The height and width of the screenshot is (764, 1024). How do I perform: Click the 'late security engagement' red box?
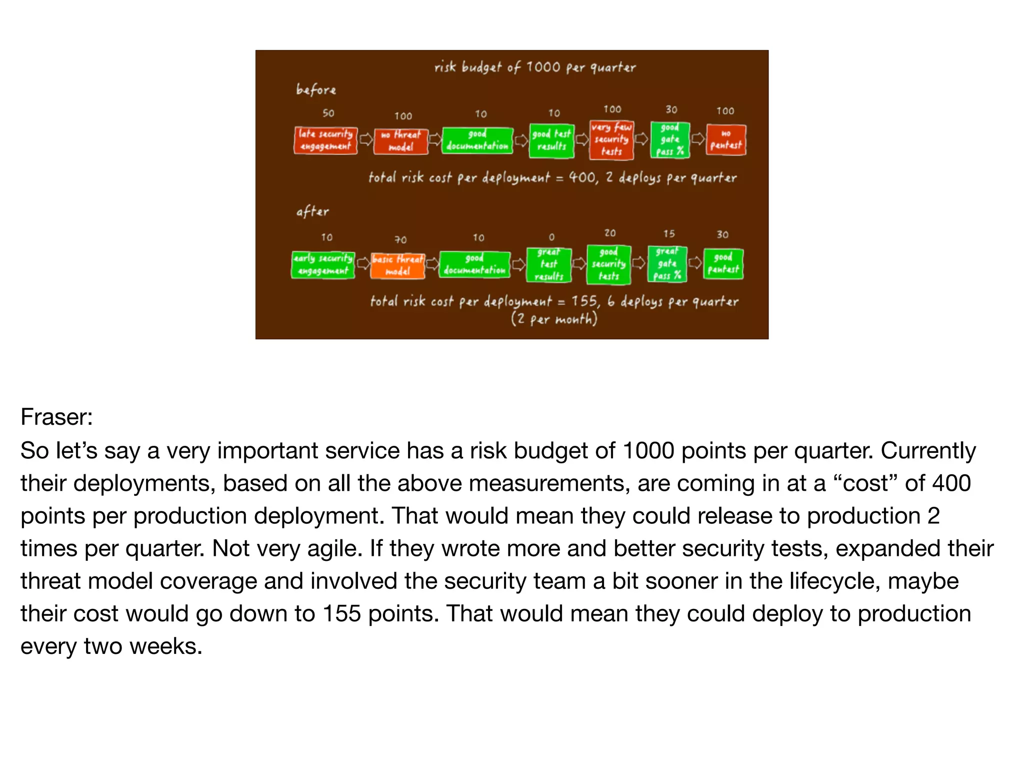point(325,141)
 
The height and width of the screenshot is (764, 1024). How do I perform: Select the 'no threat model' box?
point(401,141)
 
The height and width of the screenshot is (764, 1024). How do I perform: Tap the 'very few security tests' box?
point(611,140)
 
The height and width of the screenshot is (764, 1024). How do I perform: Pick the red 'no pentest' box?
point(725,140)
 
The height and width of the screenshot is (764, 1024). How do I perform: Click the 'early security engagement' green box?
point(323,265)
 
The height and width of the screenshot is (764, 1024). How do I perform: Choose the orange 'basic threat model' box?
point(398,265)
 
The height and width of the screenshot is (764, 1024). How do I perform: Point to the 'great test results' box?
point(548,264)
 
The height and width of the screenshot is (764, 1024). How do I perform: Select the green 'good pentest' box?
point(723,264)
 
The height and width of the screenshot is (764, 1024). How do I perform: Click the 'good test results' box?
point(551,141)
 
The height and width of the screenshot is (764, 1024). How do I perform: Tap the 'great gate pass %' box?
point(667,264)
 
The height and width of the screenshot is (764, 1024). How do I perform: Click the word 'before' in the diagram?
point(316,90)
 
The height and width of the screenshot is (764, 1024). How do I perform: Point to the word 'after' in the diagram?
point(312,212)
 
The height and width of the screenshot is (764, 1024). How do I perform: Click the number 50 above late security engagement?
point(328,113)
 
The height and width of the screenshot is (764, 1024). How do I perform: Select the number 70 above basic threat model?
point(400,240)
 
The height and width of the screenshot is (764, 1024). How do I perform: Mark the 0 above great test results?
point(551,237)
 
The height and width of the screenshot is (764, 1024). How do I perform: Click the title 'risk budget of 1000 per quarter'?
point(535,67)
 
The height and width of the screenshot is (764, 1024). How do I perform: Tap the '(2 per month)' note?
point(554,319)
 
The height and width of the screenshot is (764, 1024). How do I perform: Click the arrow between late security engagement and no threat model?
point(366,139)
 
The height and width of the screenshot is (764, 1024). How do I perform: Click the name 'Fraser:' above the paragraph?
point(57,417)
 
